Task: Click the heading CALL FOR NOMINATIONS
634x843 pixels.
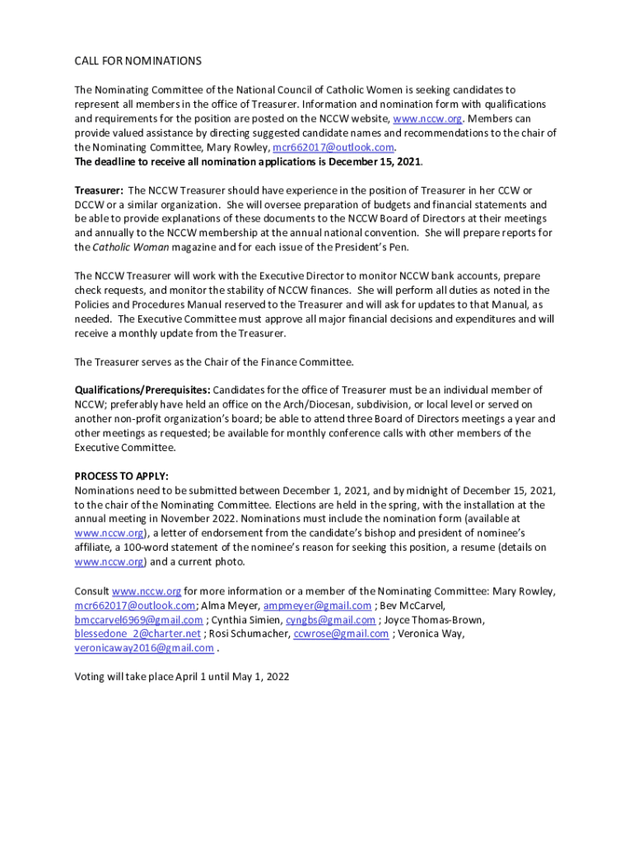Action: [x=138, y=61]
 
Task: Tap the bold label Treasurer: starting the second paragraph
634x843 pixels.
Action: [x=100, y=190]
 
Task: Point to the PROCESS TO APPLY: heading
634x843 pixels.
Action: [x=121, y=476]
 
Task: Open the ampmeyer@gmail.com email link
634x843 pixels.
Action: [x=317, y=606]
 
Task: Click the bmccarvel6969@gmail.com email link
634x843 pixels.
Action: [x=138, y=620]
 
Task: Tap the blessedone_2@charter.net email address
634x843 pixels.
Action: [x=138, y=634]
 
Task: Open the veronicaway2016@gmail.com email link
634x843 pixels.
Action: [x=144, y=648]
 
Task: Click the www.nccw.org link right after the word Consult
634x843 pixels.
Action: [x=146, y=591]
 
